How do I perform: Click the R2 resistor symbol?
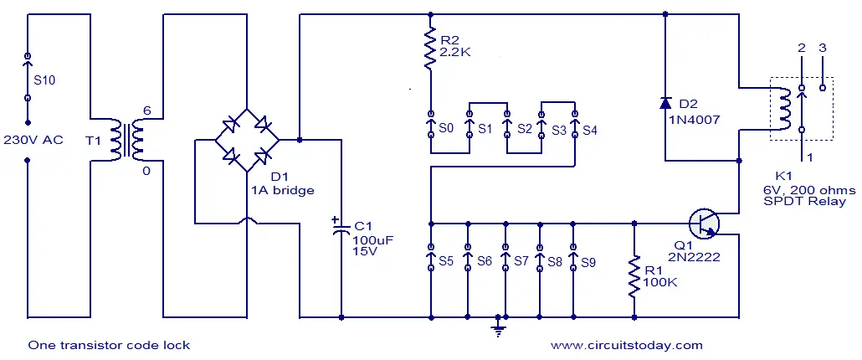tap(430, 48)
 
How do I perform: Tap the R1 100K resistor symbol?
tap(634, 277)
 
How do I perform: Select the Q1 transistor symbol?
tap(704, 224)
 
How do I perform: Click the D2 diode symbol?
tap(665, 103)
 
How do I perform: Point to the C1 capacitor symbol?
tap(341, 228)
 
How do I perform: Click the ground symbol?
tap(499, 328)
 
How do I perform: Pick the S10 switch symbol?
tap(28, 77)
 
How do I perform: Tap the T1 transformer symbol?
tap(127, 140)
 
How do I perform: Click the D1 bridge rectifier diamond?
tap(247, 140)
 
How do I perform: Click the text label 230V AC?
tap(33, 140)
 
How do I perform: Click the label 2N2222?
tap(695, 257)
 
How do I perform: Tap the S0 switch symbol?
tap(430, 129)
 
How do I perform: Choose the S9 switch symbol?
tap(573, 257)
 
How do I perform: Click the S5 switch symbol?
tap(431, 257)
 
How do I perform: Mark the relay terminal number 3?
tap(823, 48)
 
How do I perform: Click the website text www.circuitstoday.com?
tap(626, 345)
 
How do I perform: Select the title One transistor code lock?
tap(109, 345)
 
